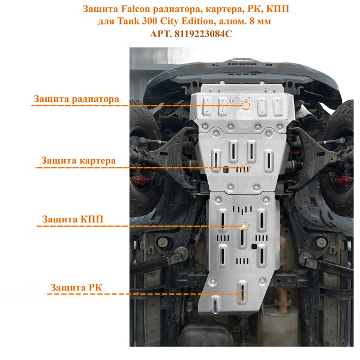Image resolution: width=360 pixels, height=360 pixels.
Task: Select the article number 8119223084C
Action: point(203,34)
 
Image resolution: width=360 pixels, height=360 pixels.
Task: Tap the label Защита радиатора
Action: point(76,99)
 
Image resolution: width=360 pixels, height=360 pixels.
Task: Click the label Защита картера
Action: point(78,160)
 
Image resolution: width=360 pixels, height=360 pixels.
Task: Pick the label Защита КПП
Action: point(73,219)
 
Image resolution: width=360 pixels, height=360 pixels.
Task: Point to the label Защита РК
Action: point(76,287)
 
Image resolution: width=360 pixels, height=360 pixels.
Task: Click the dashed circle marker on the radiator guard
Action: point(246,106)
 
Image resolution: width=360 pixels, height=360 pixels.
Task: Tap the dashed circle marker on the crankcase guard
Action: point(247,167)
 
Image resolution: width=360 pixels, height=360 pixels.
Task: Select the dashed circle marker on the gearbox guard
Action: point(245,226)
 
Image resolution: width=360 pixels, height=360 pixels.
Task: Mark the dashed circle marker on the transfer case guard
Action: point(242,294)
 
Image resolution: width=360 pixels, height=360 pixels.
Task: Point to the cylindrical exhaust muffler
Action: point(278,324)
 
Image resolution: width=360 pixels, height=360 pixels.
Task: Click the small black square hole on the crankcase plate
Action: point(226,169)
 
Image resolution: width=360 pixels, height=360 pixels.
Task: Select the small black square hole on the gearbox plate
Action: point(254,247)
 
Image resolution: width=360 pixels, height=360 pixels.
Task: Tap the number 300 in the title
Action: point(149,22)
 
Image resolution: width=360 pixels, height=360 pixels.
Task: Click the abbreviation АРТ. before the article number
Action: point(161,34)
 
